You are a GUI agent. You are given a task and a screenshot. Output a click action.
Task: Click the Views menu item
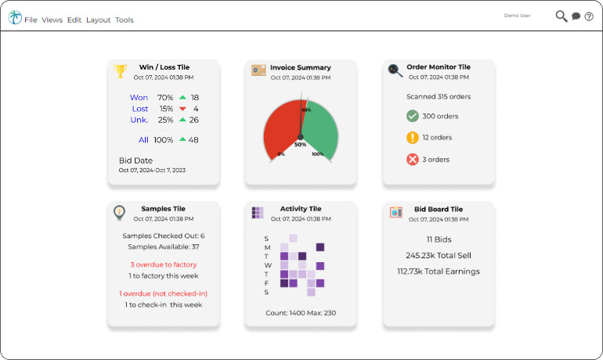pyautogui.click(x=52, y=20)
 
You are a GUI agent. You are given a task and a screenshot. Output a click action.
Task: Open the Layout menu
pyautogui.click(x=98, y=20)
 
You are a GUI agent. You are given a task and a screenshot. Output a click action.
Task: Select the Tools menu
pyautogui.click(x=125, y=20)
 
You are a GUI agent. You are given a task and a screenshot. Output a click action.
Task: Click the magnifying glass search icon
pyautogui.click(x=561, y=16)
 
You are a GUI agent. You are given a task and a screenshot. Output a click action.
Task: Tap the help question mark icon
pyautogui.click(x=589, y=16)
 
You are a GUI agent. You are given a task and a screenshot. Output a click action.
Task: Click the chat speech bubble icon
pyautogui.click(x=576, y=16)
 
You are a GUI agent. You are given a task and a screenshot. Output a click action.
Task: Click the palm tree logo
pyautogui.click(x=15, y=17)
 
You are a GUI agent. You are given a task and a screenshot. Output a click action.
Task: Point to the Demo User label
pyautogui.click(x=517, y=15)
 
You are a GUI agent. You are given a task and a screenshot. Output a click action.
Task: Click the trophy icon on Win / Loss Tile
pyautogui.click(x=120, y=71)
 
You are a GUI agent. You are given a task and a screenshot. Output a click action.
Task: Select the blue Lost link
pyautogui.click(x=140, y=109)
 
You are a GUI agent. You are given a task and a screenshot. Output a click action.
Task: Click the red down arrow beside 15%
pyautogui.click(x=182, y=109)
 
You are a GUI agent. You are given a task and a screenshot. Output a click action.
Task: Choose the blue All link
pyautogui.click(x=143, y=140)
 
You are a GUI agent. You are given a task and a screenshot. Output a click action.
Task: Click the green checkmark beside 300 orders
pyautogui.click(x=413, y=116)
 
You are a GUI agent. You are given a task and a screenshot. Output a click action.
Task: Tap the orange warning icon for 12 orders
pyautogui.click(x=413, y=138)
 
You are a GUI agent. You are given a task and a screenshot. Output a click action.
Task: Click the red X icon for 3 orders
pyautogui.click(x=413, y=160)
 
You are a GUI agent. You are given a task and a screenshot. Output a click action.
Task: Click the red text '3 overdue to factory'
pyautogui.click(x=164, y=265)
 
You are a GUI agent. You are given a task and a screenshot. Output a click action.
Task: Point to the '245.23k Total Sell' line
pyautogui.click(x=439, y=255)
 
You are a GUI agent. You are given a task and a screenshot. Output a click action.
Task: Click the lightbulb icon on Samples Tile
pyautogui.click(x=119, y=212)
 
